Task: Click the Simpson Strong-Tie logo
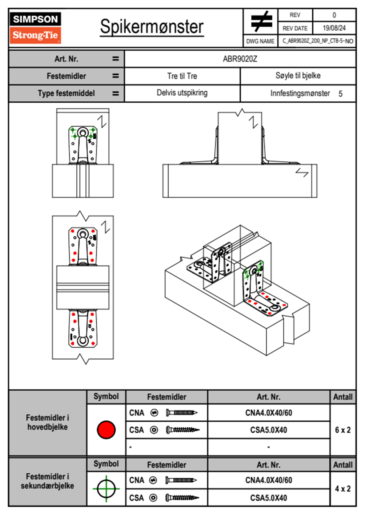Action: click(x=35, y=28)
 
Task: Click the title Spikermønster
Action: click(x=152, y=27)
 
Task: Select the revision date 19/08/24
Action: click(x=334, y=28)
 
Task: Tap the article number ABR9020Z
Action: click(x=240, y=59)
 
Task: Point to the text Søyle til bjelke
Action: click(x=298, y=76)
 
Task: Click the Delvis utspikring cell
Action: click(x=182, y=93)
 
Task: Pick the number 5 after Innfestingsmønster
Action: click(x=340, y=94)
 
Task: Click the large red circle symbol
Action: click(x=106, y=430)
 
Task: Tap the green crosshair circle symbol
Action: click(x=106, y=489)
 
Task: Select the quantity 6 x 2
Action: click(x=343, y=430)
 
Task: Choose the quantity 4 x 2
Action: click(x=343, y=489)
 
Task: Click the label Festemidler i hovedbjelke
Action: click(x=48, y=422)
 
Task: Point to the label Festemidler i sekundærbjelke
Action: click(x=48, y=481)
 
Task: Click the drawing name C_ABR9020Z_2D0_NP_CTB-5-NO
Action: click(x=317, y=41)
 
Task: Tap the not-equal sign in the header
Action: click(x=261, y=21)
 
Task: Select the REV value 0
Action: click(x=334, y=15)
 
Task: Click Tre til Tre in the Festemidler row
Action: click(x=182, y=76)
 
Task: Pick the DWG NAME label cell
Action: click(x=260, y=41)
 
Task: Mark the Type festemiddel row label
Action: click(x=66, y=93)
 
